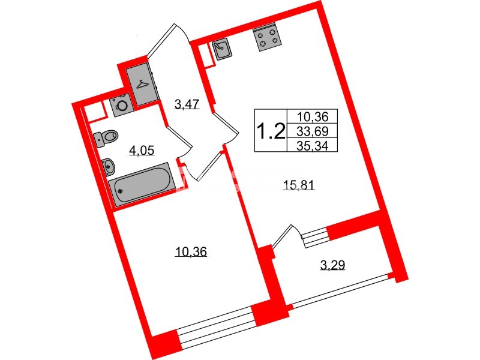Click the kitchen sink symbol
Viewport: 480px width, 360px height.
(221, 49)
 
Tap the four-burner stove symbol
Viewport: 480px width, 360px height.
(266, 39)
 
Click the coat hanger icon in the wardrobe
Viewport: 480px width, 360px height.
(142, 84)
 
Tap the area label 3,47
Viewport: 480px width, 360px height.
(187, 104)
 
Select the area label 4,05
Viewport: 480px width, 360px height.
(142, 151)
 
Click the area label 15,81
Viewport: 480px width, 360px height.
(299, 185)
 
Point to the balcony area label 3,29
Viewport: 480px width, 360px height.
(332, 265)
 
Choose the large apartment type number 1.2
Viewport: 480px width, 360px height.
(271, 131)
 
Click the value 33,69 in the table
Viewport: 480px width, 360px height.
(313, 131)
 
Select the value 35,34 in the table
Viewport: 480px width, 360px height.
(313, 146)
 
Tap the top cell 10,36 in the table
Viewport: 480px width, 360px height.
(313, 116)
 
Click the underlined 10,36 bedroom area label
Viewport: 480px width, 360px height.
(191, 252)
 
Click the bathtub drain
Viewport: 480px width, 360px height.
(121, 191)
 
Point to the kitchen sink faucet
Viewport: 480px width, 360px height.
(218, 46)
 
